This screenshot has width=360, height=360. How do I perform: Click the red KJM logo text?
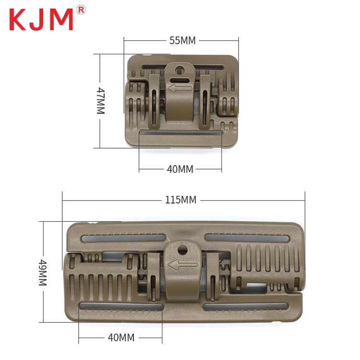41,19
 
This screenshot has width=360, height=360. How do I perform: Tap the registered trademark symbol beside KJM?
81,10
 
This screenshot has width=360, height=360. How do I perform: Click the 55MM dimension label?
182,41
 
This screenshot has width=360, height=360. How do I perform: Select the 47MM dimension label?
100,100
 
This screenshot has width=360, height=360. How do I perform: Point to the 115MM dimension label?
180,200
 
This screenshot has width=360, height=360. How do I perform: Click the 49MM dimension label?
43,272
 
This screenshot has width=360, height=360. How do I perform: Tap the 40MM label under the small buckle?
180,169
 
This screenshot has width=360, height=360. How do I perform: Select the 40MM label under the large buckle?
121,337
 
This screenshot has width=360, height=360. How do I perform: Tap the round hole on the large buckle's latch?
182,249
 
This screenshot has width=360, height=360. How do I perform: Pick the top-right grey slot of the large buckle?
247,238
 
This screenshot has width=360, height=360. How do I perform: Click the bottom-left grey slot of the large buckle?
120,306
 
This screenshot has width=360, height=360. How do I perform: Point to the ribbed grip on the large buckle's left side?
101,283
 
